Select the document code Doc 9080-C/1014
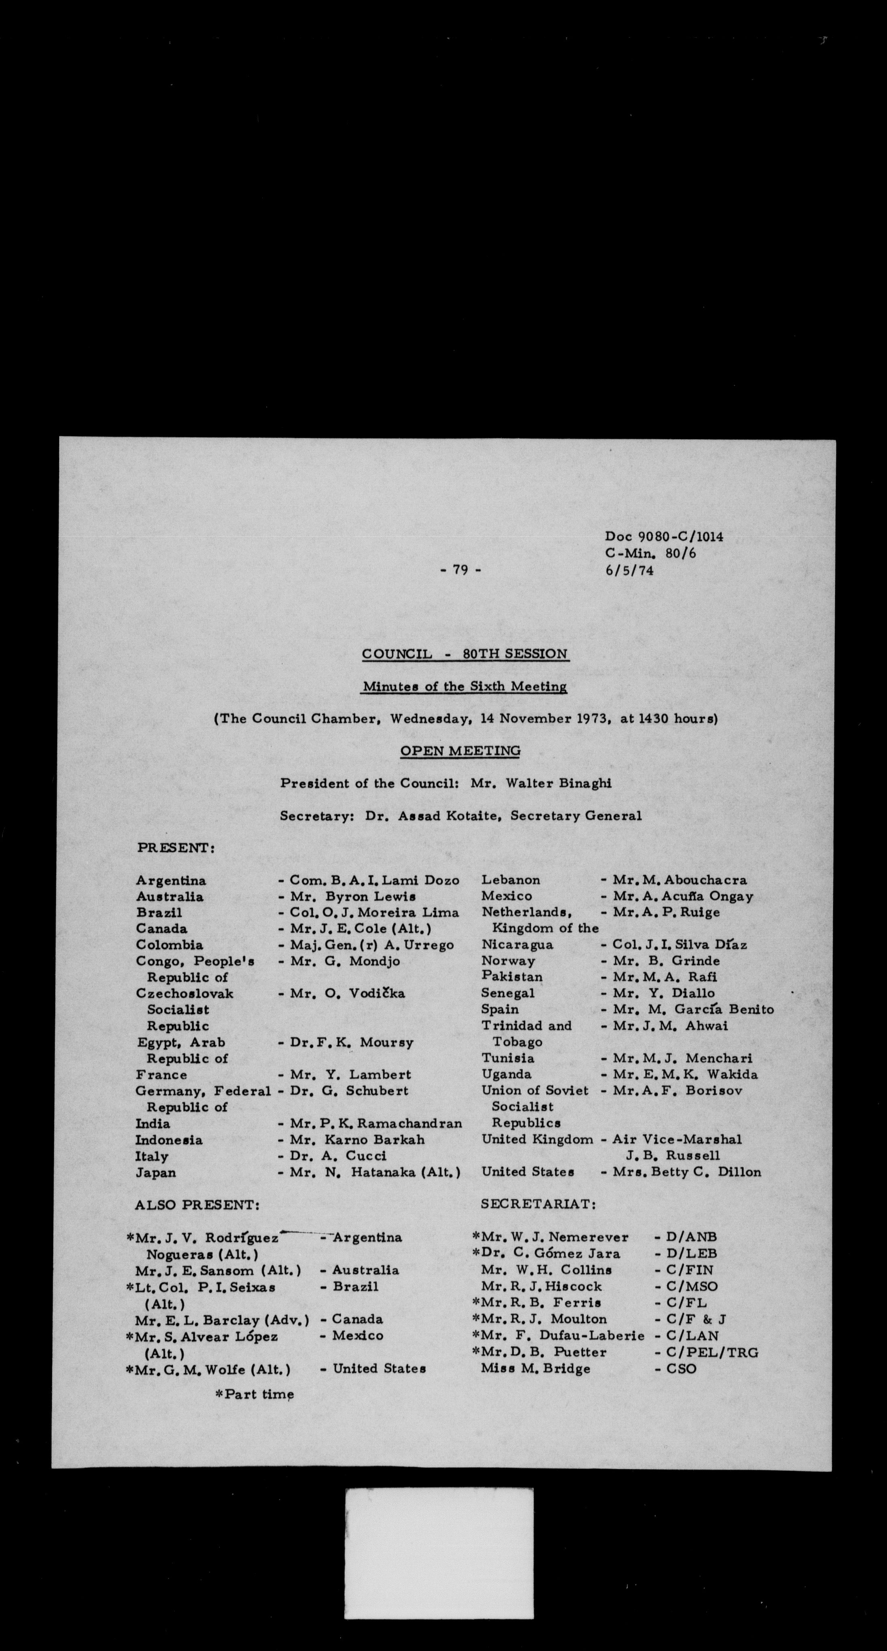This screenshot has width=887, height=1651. point(664,537)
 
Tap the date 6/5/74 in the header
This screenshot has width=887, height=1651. point(629,570)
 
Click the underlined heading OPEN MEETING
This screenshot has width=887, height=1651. point(460,751)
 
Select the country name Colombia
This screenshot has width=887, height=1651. point(169,945)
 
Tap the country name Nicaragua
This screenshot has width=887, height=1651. point(517,945)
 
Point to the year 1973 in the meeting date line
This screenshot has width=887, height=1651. point(593,718)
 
